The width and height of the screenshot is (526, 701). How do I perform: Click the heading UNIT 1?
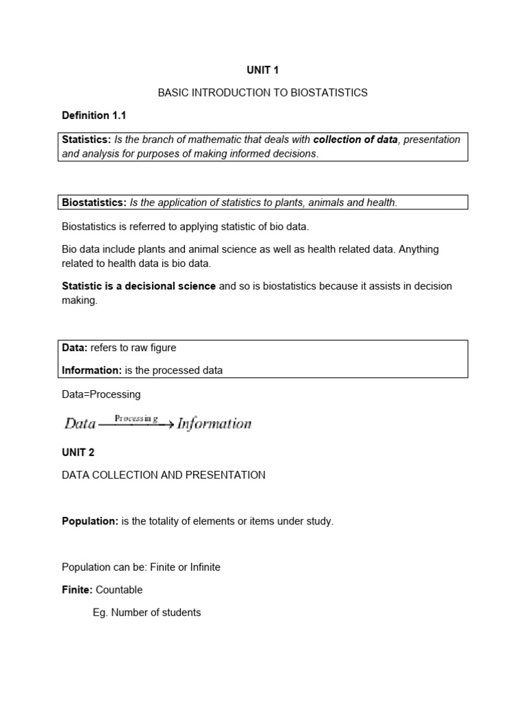(x=262, y=70)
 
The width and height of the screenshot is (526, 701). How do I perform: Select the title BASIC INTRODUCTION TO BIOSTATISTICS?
(x=262, y=92)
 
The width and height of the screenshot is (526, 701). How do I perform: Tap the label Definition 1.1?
(x=94, y=115)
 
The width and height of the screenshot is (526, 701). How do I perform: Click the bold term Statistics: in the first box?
(x=86, y=140)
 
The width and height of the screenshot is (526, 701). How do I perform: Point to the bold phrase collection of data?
(x=355, y=140)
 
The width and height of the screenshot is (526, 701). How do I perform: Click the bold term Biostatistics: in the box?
(x=94, y=203)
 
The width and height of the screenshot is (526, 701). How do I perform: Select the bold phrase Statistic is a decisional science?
(x=138, y=285)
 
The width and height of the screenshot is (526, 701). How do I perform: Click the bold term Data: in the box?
(x=75, y=348)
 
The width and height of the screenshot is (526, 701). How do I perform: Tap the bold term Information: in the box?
(x=92, y=370)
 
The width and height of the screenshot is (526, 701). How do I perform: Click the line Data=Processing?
(x=101, y=394)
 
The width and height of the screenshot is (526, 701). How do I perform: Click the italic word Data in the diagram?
(x=79, y=424)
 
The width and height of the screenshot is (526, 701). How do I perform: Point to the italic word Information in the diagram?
(x=214, y=424)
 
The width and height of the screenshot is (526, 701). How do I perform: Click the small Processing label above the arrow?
(x=136, y=418)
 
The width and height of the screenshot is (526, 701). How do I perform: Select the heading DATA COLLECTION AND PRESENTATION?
(x=163, y=475)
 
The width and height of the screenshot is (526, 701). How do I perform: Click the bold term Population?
(x=90, y=521)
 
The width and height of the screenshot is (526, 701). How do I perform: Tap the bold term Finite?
(x=77, y=589)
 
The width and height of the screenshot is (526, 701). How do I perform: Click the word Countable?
(x=119, y=589)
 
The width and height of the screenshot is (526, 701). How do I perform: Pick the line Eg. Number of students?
(x=147, y=613)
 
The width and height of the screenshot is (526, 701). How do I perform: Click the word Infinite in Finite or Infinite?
(x=203, y=567)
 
